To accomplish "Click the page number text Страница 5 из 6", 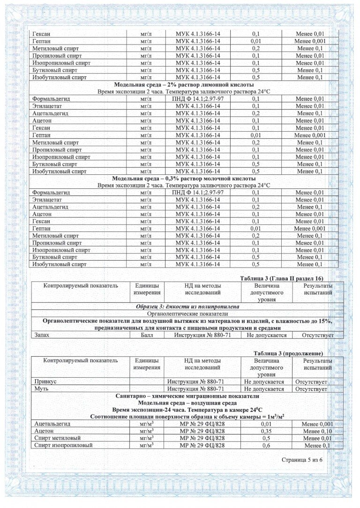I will tap(302, 460).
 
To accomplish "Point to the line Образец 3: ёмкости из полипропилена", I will tap(187, 306).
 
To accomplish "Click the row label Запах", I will tap(41, 335).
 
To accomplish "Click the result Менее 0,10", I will tap(317, 431).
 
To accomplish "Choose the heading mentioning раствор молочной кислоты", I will tap(184, 179).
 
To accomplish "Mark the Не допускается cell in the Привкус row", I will tap(264, 382).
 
